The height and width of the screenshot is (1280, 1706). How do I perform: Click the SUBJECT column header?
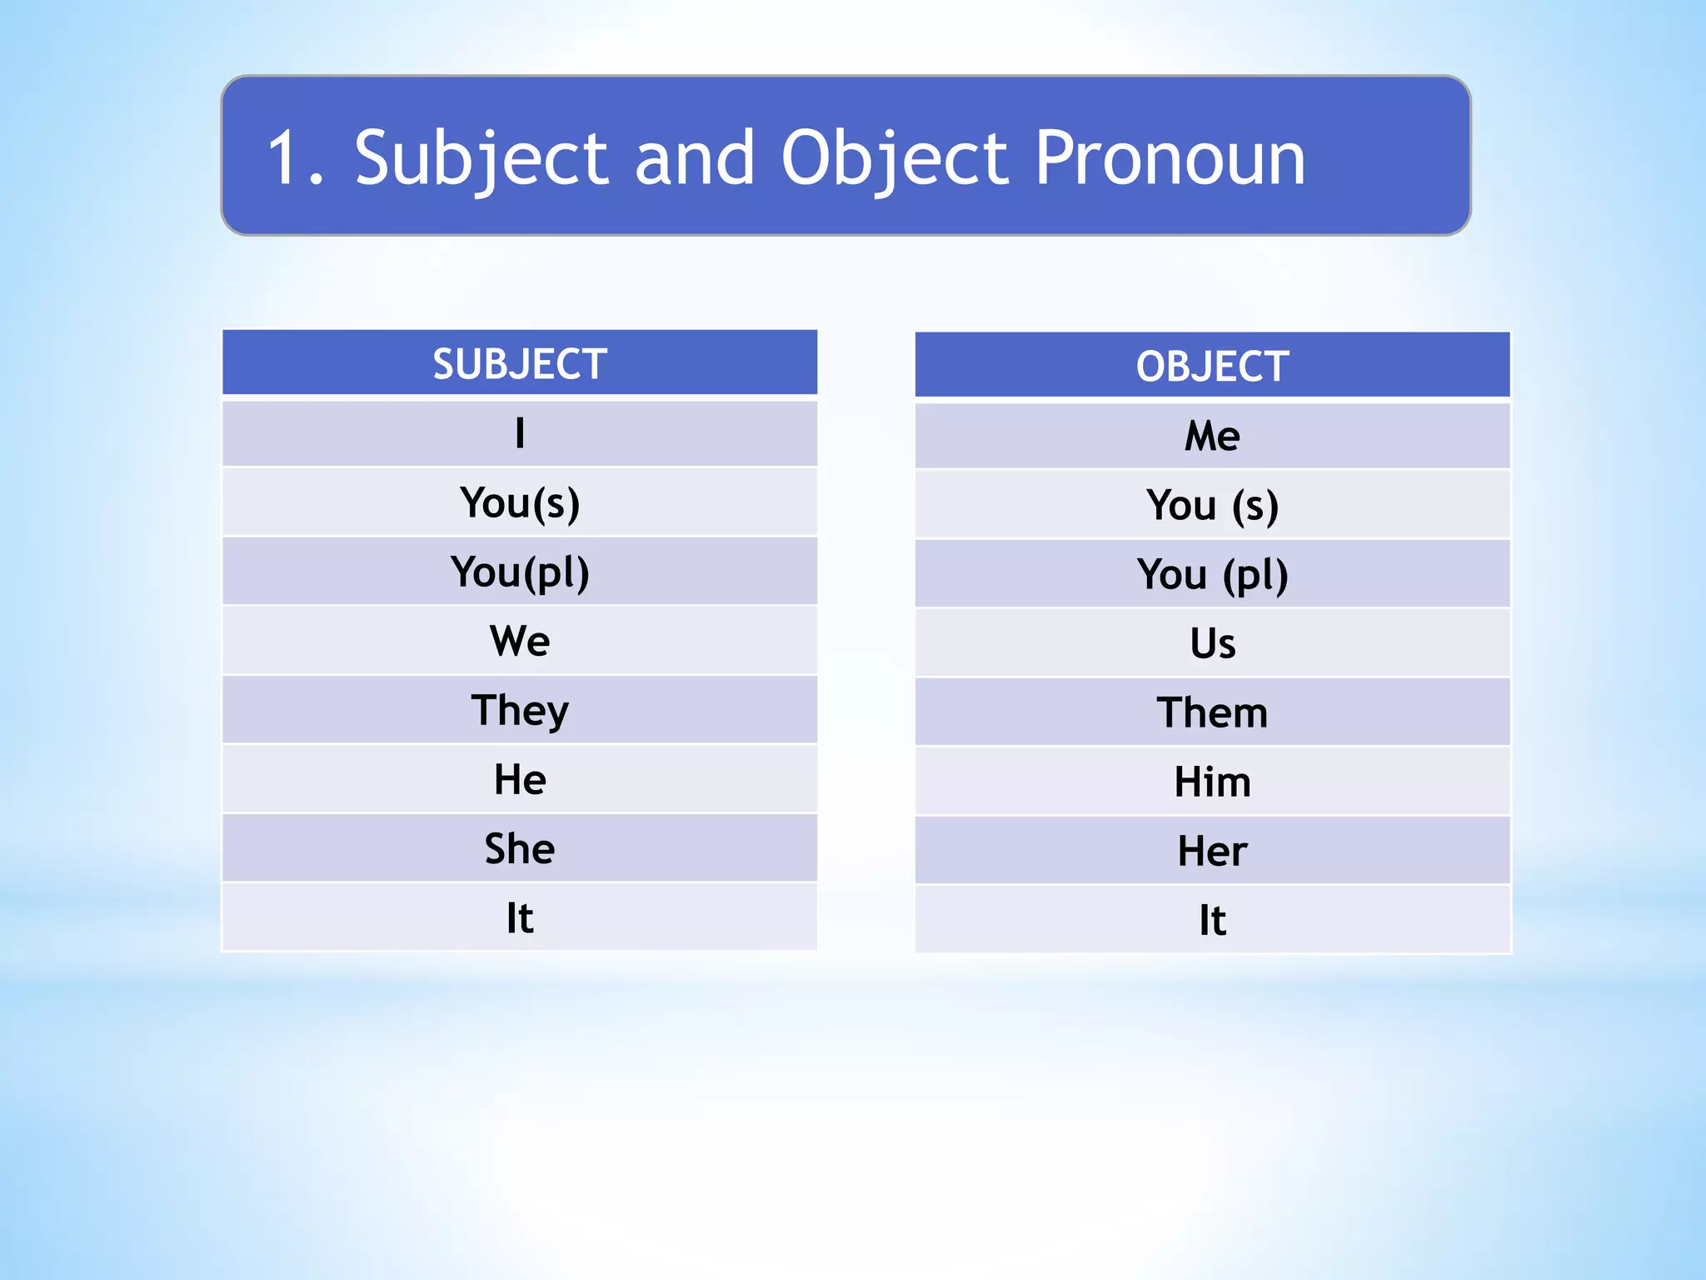[x=520, y=364]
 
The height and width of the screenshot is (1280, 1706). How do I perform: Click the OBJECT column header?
[x=1212, y=367]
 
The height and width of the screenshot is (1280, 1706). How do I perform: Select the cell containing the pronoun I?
[x=520, y=433]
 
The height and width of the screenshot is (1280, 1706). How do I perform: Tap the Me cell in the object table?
[x=1212, y=436]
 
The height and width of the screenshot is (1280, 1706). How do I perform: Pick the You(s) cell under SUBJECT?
[x=520, y=502]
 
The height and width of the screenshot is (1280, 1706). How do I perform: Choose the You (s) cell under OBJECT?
[x=1212, y=505]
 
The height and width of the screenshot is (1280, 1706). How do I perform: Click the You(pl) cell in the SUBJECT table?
[x=520, y=572]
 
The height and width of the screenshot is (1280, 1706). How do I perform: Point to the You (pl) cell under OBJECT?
[x=1212, y=574]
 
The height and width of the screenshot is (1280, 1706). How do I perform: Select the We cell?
[x=520, y=641]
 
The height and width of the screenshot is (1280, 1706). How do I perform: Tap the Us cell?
[x=1212, y=643]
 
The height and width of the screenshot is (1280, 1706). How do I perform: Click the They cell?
[x=520, y=710]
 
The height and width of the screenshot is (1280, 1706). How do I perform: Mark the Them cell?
[x=1212, y=712]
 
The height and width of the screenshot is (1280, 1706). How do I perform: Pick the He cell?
[x=520, y=779]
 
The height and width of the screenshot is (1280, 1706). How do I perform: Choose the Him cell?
[x=1212, y=782]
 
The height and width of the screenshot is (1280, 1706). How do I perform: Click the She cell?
[x=520, y=848]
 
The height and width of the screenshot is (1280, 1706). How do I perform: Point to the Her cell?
[x=1212, y=851]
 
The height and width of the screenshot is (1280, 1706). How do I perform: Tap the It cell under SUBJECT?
[x=520, y=917]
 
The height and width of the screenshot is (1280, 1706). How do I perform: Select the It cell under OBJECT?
[x=1212, y=920]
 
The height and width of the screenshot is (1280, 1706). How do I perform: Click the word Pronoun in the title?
[x=1170, y=158]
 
